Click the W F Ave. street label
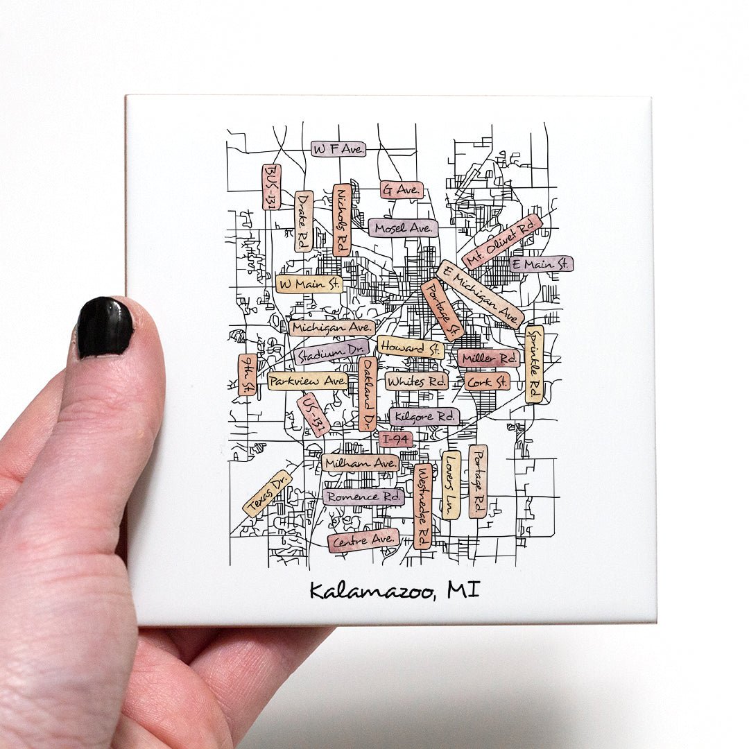click(x=338, y=149)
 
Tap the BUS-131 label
click(x=271, y=187)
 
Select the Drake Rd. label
click(x=304, y=221)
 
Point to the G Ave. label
click(x=402, y=189)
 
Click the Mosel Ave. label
click(x=404, y=227)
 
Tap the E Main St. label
click(x=541, y=264)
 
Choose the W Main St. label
click(x=309, y=284)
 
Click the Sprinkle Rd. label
click(x=534, y=364)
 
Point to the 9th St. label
click(x=247, y=374)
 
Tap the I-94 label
click(x=396, y=439)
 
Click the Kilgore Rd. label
click(x=424, y=417)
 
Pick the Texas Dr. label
click(x=268, y=494)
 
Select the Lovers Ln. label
click(x=451, y=484)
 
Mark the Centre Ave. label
click(x=363, y=540)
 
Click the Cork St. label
click(x=487, y=381)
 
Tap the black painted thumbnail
click(x=105, y=327)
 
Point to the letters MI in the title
click(x=463, y=589)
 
